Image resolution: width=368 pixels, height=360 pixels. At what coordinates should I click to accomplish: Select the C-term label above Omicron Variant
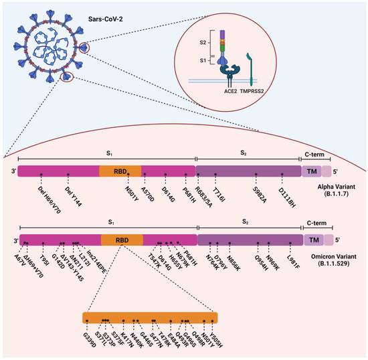tap(317, 221)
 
